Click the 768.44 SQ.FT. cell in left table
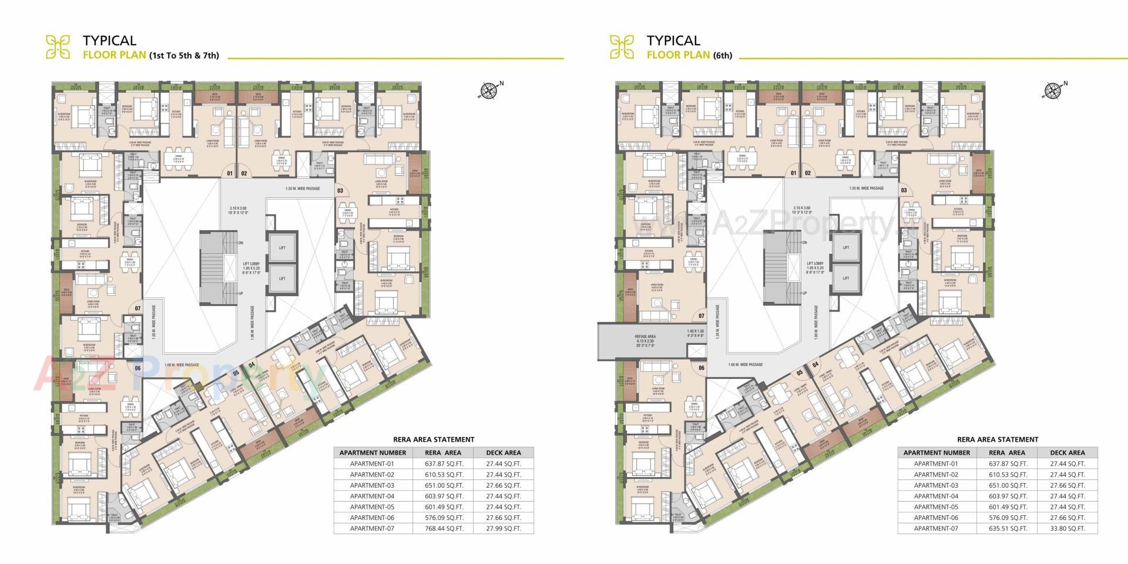444,528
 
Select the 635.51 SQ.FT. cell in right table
1007,528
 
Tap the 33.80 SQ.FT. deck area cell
1067,528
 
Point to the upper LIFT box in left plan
282,248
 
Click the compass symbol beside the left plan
489,90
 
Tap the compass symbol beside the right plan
1052,90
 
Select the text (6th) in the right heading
723,55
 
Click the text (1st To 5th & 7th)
184,55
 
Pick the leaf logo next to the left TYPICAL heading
58,47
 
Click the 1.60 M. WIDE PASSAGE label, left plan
182,365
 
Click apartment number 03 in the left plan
340,190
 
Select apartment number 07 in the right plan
701,316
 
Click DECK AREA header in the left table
503,452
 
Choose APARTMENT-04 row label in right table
936,496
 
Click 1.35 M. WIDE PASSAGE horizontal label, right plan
867,189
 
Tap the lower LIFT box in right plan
845,278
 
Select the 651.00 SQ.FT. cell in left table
444,485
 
